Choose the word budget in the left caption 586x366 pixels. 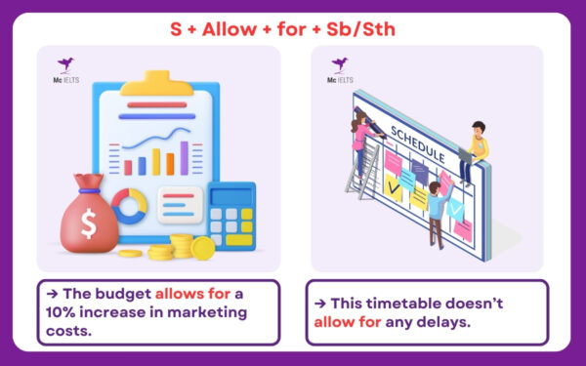[x=120, y=295]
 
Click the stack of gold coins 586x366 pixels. [x=182, y=246]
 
